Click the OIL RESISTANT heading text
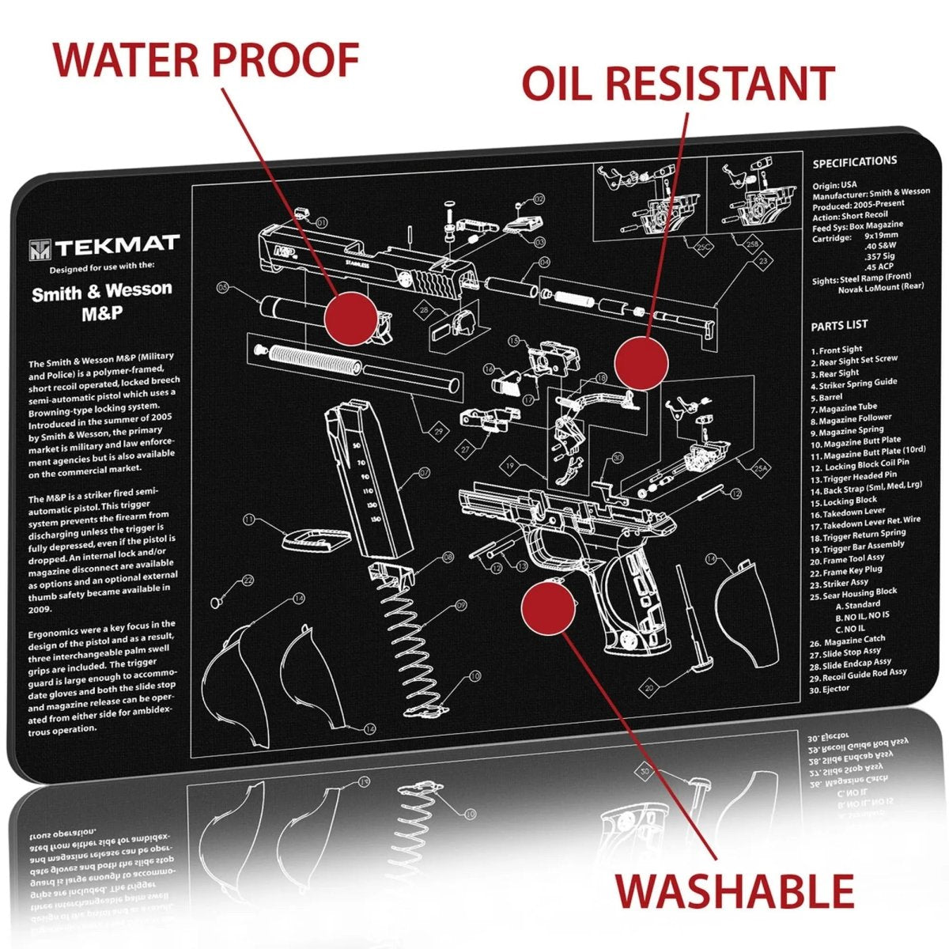coord(678,84)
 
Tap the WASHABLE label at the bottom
coord(735,890)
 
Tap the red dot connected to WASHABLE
coord(548,607)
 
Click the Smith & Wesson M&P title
coord(101,301)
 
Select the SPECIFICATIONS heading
coord(855,161)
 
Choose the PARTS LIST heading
coord(839,325)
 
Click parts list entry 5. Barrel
coord(831,397)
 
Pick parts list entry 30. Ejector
coord(830,689)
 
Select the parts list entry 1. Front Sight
coord(837,350)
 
